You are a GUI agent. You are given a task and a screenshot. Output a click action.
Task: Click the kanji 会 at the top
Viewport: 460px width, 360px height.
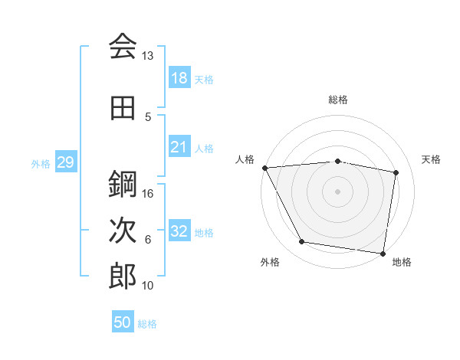123,47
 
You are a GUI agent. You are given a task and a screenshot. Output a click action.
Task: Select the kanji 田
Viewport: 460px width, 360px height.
123,108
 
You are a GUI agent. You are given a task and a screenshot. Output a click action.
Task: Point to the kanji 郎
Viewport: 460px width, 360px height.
123,277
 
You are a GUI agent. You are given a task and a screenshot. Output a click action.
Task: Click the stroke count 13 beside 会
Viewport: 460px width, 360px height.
148,56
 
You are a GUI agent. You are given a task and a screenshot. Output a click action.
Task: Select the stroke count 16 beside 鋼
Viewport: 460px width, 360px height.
148,194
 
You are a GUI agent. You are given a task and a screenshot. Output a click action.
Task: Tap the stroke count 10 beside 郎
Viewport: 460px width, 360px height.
148,286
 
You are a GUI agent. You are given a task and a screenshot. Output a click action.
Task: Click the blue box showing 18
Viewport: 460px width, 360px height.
179,78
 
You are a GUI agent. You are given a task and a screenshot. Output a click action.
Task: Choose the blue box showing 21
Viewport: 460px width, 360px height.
179,147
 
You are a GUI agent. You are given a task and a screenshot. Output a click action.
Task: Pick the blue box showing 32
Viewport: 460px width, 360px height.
179,231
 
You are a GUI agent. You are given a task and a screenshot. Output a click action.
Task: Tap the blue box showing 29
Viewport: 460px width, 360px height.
65,162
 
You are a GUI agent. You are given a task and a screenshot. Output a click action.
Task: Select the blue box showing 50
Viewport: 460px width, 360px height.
123,322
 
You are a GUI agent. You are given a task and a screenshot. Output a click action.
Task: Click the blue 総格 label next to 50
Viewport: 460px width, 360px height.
147,324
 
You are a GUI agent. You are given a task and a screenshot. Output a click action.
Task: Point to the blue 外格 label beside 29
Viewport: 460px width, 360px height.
41,163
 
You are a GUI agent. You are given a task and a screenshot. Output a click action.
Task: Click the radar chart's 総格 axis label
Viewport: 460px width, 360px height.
337,100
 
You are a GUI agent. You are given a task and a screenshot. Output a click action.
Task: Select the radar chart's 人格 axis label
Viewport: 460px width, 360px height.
245,159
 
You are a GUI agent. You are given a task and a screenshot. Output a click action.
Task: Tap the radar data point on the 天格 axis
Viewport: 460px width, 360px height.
396,172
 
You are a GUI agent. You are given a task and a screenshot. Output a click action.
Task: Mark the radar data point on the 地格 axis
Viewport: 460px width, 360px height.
383,253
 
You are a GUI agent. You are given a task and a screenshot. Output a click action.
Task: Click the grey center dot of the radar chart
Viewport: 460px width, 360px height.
337,191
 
